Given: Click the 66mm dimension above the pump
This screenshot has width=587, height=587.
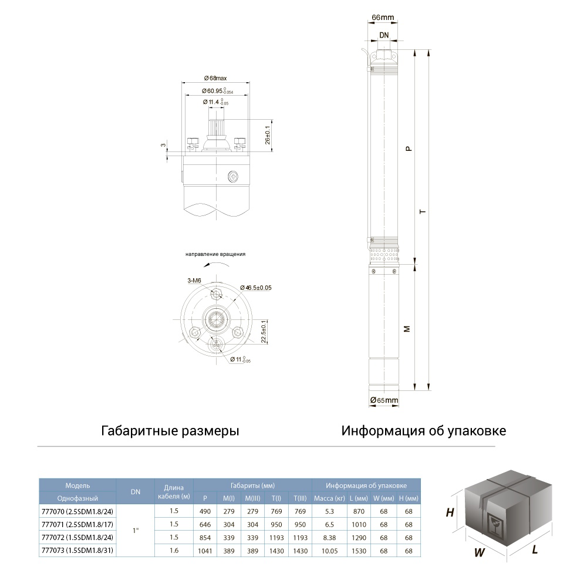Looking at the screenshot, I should (383, 18).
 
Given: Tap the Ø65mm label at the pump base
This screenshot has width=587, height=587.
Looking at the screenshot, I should (384, 400).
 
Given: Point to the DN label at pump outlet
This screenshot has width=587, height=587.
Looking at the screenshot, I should (383, 36).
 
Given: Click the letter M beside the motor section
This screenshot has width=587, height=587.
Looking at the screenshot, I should (406, 329).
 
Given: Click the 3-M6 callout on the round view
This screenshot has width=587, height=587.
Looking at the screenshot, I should (195, 282).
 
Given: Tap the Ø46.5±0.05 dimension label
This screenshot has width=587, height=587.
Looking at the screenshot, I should (256, 288).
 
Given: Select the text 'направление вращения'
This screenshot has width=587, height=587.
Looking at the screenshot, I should (215, 254).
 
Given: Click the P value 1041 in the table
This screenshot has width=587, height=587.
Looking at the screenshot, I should (205, 551).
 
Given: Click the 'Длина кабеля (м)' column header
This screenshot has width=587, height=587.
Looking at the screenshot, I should (173, 492).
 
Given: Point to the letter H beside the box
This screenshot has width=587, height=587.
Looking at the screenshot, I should (450, 512).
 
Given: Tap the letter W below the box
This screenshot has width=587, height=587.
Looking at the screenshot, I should (480, 552).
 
